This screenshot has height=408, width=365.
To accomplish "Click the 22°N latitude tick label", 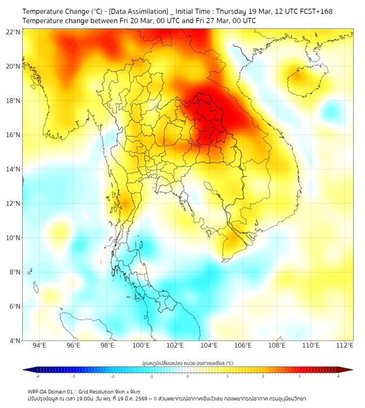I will (x=13, y=32).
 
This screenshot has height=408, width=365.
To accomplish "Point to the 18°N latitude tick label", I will (x=13, y=100).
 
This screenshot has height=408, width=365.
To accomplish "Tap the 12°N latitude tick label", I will (x=13, y=203).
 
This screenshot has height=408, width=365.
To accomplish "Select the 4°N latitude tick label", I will (x=15, y=341).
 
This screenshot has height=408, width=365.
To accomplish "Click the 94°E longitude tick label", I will (x=39, y=346).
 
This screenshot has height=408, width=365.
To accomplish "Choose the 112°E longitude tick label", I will (x=344, y=346).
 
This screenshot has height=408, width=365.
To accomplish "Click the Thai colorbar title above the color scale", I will (x=187, y=363).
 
